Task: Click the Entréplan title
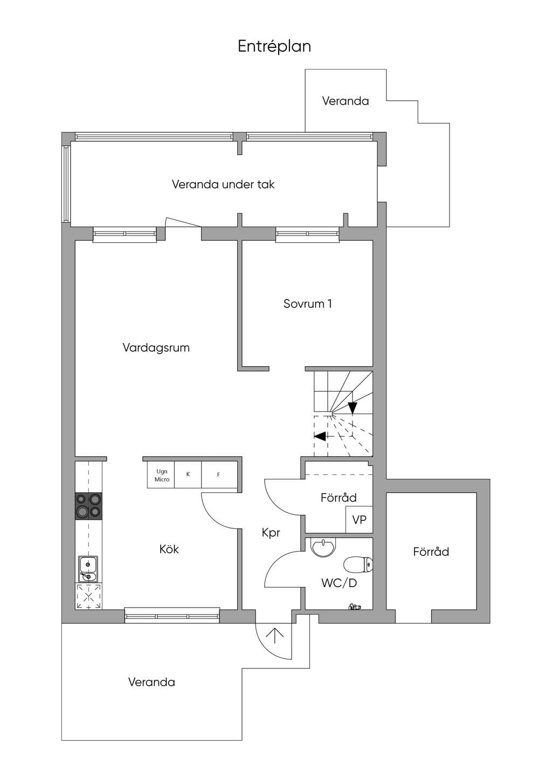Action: point(274,46)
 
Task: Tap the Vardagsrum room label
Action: point(156,347)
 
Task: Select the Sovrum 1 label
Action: point(307,304)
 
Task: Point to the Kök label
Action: point(169,549)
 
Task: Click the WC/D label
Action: point(339,583)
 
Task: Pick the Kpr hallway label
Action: point(271,533)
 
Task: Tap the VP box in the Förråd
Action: point(360,519)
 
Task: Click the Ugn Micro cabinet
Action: point(161,475)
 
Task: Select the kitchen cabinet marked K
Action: point(188,475)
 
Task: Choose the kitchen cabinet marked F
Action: point(219,475)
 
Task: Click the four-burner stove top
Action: point(88,506)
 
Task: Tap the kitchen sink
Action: point(88,569)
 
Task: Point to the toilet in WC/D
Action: point(358,565)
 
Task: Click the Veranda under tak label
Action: point(223,184)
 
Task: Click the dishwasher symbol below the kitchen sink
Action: point(88,596)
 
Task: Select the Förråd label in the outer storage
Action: point(431,552)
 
